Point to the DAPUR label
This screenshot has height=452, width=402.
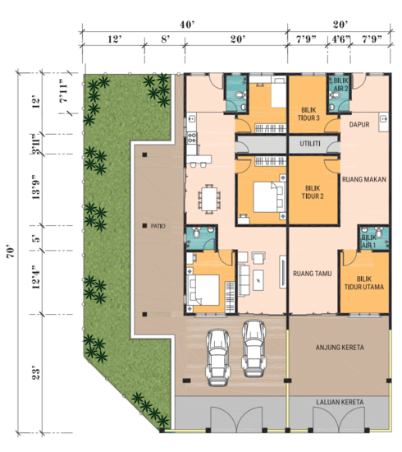[x=361, y=125]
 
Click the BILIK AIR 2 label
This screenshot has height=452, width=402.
[x=340, y=85]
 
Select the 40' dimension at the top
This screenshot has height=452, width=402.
[x=188, y=25]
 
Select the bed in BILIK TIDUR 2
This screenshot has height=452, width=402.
[x=264, y=196]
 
